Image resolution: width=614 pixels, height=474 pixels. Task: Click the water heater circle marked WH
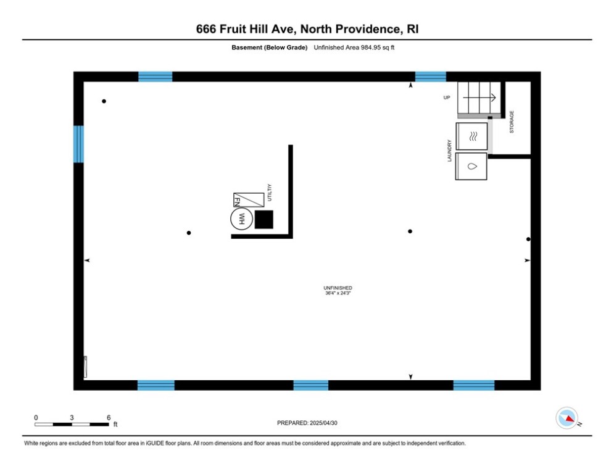tap(241, 218)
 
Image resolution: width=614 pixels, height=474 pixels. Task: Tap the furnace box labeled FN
tap(249, 200)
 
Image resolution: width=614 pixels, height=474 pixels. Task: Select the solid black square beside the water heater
tap(264, 219)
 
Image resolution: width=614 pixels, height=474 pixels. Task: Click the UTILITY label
tap(270, 193)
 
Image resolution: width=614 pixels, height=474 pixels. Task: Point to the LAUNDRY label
tap(449, 151)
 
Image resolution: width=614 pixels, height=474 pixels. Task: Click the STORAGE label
tap(512, 122)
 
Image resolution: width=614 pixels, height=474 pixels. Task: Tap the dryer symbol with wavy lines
tap(471, 136)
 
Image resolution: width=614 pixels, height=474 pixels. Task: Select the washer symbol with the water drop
tap(471, 166)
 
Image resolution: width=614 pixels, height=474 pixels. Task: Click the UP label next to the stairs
tap(447, 98)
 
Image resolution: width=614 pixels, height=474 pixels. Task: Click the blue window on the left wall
tap(79, 144)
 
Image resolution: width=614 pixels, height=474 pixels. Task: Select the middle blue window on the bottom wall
tap(311, 385)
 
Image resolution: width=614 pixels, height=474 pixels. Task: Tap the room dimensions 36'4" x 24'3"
tap(338, 293)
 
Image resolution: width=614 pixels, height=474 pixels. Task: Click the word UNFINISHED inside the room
tap(338, 288)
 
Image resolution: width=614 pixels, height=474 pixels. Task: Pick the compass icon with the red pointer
tap(566, 418)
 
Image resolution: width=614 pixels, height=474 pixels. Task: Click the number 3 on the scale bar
tap(72, 418)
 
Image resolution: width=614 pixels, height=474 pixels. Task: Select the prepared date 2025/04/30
tap(323, 423)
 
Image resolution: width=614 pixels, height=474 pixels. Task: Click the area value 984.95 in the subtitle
tap(371, 48)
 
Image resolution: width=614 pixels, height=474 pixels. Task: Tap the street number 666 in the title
tap(206, 29)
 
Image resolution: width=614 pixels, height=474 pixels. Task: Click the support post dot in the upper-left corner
tap(104, 101)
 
